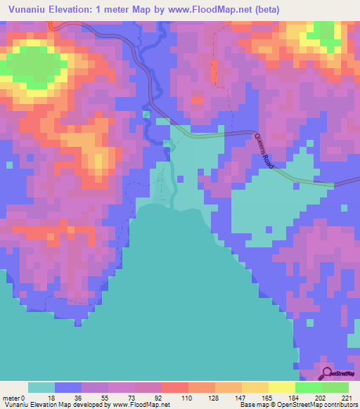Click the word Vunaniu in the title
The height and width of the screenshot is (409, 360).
[x=27, y=10]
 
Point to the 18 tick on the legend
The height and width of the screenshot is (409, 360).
[x=51, y=398]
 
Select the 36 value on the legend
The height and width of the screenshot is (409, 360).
[x=77, y=398]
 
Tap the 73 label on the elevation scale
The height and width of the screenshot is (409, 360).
[x=131, y=398]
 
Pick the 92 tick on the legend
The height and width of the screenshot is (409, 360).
[x=157, y=398]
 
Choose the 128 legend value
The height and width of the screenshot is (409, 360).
[x=212, y=398]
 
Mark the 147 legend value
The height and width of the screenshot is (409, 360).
[x=239, y=398]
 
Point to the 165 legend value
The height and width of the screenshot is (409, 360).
[x=266, y=398]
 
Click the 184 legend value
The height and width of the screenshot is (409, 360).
[x=293, y=398]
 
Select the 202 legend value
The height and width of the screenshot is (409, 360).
[x=320, y=398]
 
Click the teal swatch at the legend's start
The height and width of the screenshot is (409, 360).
[x=41, y=387]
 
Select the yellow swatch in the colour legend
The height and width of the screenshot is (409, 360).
[x=281, y=387]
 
